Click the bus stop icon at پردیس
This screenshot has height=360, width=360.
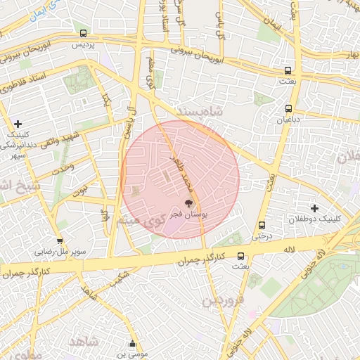84,33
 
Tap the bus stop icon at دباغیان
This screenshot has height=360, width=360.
289,108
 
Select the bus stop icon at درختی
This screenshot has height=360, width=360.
262,226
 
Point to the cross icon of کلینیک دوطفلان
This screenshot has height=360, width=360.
314,207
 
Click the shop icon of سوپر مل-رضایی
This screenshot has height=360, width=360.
60,240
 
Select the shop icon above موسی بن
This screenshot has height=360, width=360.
133,344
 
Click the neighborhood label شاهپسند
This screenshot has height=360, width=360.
199,112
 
